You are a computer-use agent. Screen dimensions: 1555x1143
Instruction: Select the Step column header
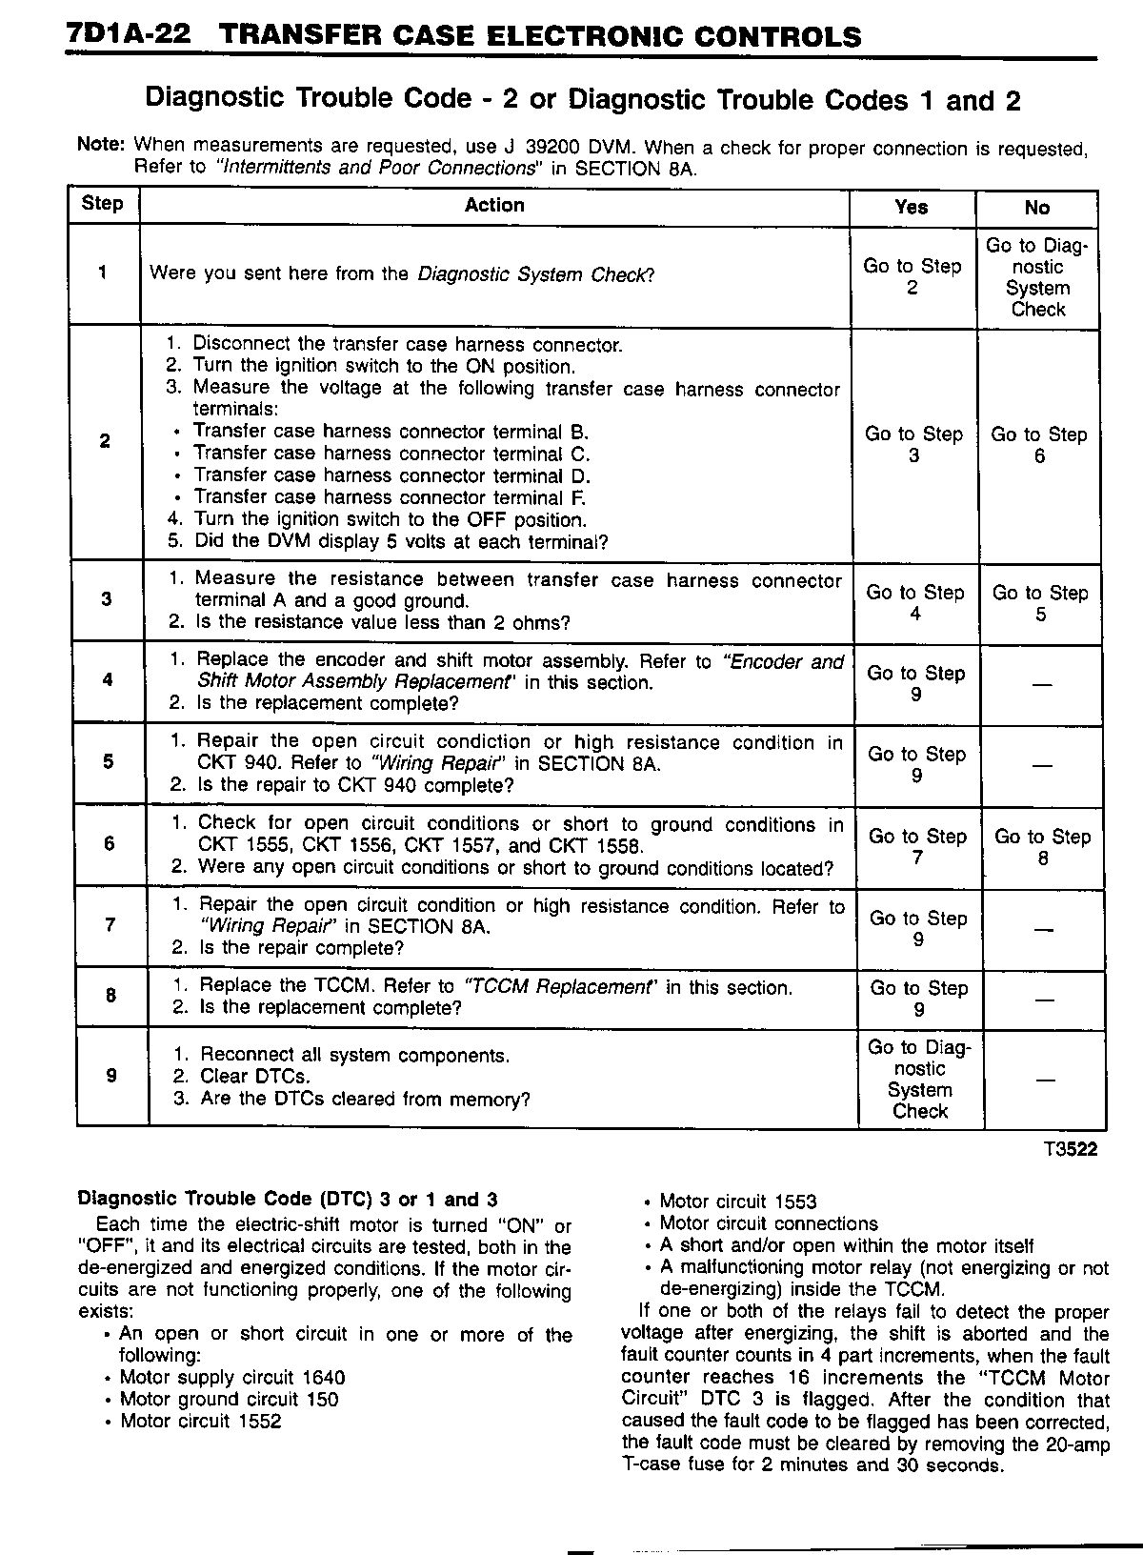(x=103, y=204)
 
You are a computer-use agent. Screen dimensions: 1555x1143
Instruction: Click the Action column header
(x=494, y=205)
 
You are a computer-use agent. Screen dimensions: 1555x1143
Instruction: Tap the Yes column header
(x=912, y=207)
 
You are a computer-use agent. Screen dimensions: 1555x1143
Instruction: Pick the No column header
(x=1037, y=208)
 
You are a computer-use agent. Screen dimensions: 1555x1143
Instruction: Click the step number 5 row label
(x=108, y=762)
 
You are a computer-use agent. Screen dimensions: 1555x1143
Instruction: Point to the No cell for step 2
(x=1039, y=445)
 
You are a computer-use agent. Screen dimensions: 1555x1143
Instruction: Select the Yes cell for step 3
(x=915, y=603)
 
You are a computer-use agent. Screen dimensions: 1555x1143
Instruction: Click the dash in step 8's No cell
(x=1045, y=1000)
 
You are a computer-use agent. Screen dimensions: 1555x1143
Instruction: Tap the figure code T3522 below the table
(x=1071, y=1150)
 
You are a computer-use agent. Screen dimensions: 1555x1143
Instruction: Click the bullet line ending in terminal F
(x=391, y=497)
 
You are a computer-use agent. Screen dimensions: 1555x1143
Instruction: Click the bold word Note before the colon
(x=98, y=145)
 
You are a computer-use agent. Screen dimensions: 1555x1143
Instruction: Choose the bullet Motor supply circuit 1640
(x=232, y=1378)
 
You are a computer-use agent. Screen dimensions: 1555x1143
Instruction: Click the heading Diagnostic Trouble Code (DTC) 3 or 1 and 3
(x=287, y=1200)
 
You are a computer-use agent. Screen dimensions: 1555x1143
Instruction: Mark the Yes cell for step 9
(x=920, y=1080)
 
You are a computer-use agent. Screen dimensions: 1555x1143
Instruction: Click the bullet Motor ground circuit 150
(x=229, y=1400)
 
